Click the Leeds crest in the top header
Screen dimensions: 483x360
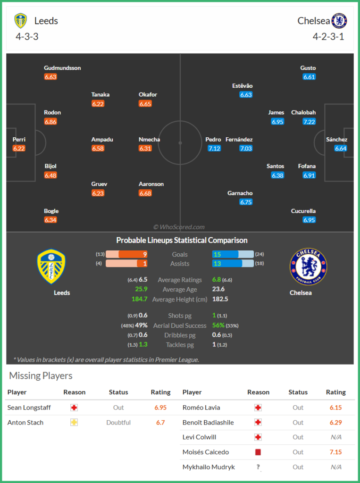(x=21, y=21)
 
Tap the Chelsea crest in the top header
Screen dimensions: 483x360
(x=339, y=21)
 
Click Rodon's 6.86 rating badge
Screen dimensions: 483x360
(x=50, y=122)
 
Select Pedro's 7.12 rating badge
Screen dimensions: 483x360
(x=214, y=148)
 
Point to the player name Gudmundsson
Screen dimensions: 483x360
(x=62, y=68)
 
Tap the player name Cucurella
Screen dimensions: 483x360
(x=303, y=211)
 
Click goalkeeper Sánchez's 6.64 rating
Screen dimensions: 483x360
(x=341, y=148)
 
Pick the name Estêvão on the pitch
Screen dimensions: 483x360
(x=243, y=86)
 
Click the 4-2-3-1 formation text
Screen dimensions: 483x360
(x=328, y=36)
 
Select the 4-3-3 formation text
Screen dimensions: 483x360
(x=26, y=36)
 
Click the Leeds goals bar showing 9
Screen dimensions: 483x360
(x=133, y=254)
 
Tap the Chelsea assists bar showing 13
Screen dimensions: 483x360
(x=227, y=264)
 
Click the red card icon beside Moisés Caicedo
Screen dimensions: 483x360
(x=258, y=452)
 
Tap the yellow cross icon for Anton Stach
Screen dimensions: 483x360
(x=74, y=423)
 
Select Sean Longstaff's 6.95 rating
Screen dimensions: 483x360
(x=160, y=408)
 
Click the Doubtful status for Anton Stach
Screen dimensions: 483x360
(x=118, y=423)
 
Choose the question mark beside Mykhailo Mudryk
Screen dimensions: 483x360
(x=258, y=467)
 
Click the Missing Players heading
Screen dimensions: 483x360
(x=41, y=376)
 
